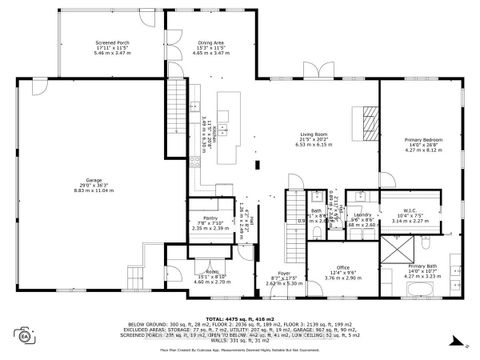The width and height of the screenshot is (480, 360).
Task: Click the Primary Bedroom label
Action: [422, 140]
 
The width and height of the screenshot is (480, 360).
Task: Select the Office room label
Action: [342, 267]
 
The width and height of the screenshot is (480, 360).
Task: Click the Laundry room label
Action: [362, 215]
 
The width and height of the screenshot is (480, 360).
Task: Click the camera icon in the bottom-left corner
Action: [20, 334]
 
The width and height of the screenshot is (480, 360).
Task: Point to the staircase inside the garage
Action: [137, 274]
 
